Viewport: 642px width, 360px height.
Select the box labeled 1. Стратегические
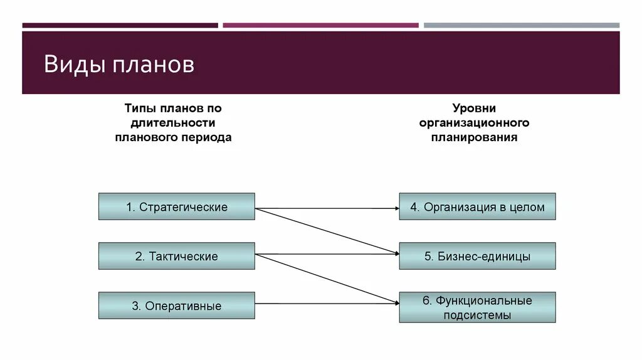coord(176,206)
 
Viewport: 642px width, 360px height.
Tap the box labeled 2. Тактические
coord(176,256)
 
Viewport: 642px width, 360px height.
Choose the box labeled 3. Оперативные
coord(176,305)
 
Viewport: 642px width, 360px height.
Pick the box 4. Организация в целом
coord(477,206)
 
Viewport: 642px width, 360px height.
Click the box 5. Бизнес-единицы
coord(477,256)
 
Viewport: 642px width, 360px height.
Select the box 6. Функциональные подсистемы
coord(477,307)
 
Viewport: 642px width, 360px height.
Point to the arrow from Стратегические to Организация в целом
coord(326,207)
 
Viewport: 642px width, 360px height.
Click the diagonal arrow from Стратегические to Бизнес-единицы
coord(326,230)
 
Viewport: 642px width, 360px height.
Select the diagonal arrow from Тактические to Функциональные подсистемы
coord(326,278)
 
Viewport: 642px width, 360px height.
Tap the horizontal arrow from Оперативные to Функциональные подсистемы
coord(326,304)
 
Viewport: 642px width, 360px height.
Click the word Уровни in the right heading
coord(474,109)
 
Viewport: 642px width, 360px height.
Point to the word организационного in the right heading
coord(474,122)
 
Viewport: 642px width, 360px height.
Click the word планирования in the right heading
coord(474,137)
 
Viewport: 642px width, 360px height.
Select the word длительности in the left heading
coord(173,122)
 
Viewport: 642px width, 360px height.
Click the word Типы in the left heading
coord(137,109)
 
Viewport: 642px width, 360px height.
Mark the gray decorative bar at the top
coord(521,26)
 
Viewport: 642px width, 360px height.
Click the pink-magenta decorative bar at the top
coord(320,26)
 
